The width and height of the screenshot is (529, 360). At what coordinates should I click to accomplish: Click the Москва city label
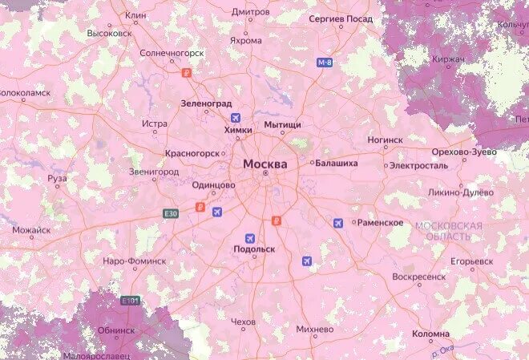[x=264, y=164]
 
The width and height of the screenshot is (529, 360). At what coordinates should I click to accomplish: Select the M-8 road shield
[x=324, y=62]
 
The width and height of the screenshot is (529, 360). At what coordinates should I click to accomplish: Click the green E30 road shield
[x=170, y=214]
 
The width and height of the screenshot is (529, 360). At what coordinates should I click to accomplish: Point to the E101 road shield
[x=130, y=301]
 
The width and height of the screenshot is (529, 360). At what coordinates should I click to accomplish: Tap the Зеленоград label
[x=206, y=104]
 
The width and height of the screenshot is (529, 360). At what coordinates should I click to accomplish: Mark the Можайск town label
[x=31, y=230]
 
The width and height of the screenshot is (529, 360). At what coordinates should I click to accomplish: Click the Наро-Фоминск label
[x=135, y=261]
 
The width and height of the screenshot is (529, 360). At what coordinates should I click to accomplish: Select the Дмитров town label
[x=250, y=12]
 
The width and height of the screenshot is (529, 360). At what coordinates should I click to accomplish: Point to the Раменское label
[x=379, y=222]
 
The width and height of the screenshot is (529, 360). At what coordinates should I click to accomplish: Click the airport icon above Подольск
[x=250, y=238]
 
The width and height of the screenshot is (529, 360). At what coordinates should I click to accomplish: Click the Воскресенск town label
[x=418, y=277]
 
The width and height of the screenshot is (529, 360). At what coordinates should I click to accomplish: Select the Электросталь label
[x=418, y=165]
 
